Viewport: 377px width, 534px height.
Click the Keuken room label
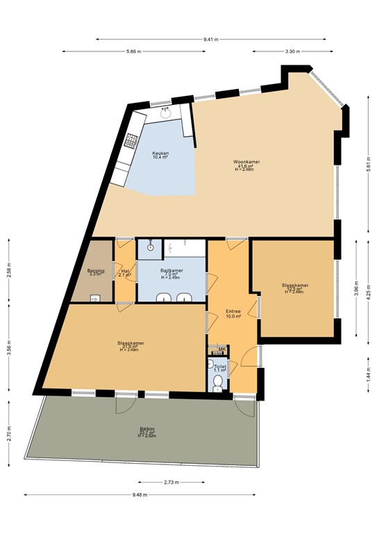coord(160,154)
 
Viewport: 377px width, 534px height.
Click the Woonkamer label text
coord(246,165)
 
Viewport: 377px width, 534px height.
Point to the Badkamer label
coord(171,273)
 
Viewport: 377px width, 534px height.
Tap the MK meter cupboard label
coord(221,349)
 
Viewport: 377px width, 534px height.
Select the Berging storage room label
coord(95,272)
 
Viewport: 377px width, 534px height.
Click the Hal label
coord(125,273)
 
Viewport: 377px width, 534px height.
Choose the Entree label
coord(233,314)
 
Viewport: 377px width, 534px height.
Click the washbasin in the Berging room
coord(96,298)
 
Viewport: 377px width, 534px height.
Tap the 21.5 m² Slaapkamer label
coord(131,346)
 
